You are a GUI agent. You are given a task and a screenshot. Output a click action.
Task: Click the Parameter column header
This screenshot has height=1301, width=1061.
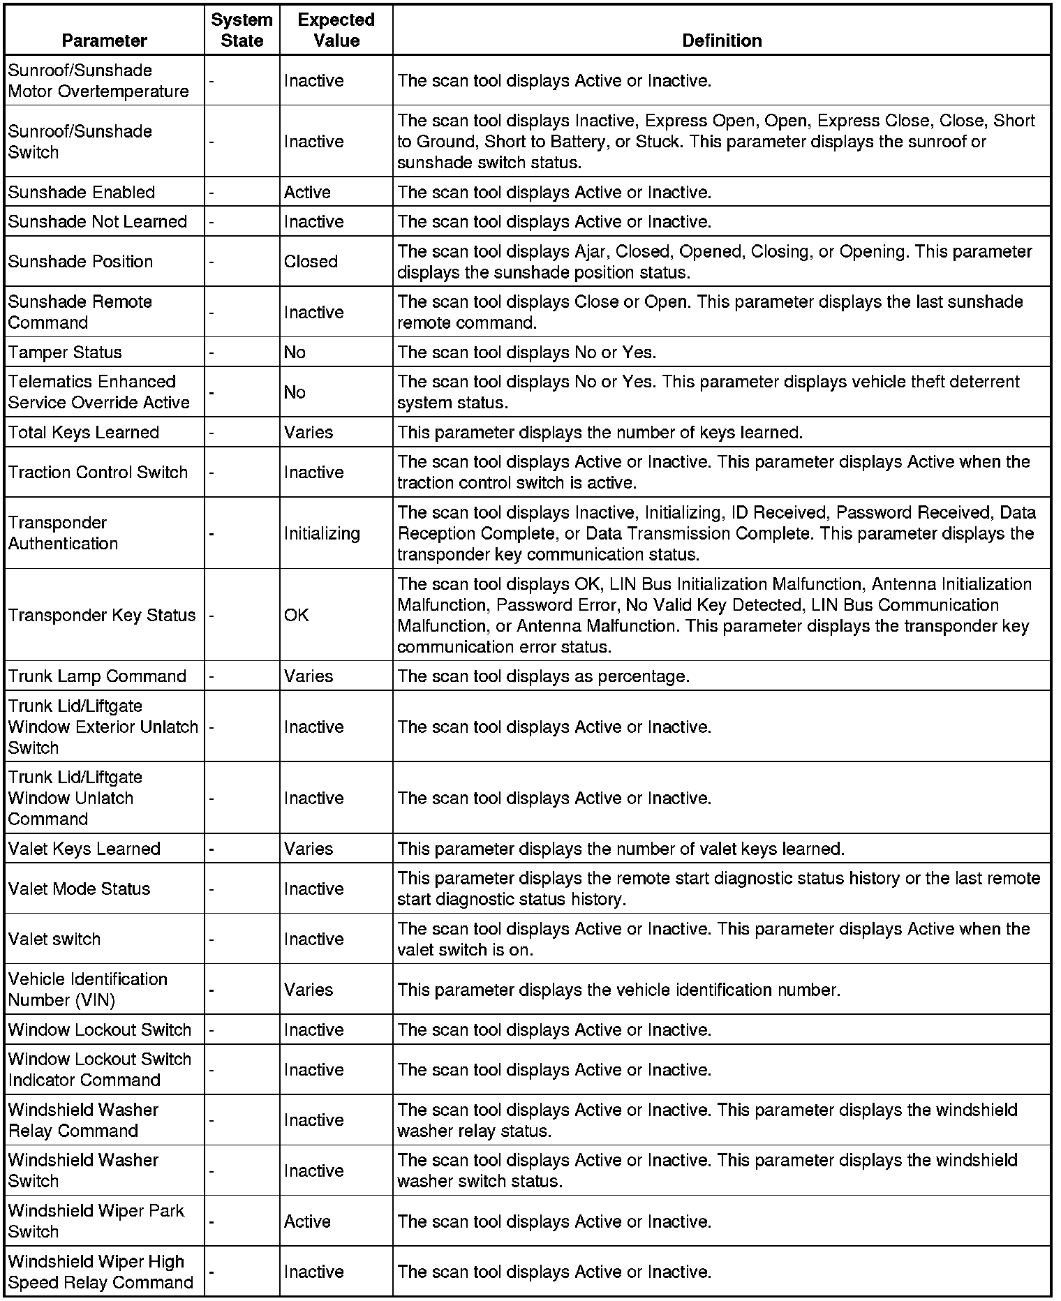pos(104,40)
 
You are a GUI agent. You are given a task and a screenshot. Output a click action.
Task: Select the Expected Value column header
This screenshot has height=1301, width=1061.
pos(336,30)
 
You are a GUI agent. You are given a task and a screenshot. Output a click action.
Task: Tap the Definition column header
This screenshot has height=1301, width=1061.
pos(721,40)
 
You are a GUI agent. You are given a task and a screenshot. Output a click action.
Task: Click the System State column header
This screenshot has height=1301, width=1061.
pos(242,30)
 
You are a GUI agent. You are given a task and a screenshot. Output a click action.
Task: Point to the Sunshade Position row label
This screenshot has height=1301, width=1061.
pos(80,262)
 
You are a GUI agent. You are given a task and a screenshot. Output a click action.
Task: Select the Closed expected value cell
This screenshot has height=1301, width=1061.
pos(311,262)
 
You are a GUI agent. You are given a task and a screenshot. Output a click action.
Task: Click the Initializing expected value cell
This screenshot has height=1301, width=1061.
pos(322,533)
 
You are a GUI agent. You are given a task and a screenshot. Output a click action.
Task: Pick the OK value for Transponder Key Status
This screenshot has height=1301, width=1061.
pos(296,615)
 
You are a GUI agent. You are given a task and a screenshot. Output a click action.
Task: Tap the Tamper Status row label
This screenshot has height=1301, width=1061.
pos(65,352)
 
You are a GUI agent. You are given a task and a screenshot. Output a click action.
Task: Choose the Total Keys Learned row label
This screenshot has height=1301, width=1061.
pos(84,433)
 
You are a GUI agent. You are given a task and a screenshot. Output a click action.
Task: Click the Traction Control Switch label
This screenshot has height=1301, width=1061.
pos(98,473)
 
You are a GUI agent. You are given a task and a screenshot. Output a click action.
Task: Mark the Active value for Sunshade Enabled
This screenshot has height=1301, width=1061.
pos(307,193)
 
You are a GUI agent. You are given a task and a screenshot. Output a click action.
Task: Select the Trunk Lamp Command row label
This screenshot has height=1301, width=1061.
pos(97,676)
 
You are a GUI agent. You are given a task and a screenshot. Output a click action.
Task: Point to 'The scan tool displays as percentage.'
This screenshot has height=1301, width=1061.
pos(543,676)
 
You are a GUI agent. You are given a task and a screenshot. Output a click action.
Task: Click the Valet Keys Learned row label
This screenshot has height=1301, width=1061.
pos(84,849)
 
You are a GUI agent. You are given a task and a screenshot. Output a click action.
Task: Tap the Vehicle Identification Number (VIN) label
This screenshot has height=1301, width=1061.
pos(87,990)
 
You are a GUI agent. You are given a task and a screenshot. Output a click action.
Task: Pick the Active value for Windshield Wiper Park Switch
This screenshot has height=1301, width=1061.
pos(307,1221)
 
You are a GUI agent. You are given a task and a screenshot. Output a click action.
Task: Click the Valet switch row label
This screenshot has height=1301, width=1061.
pos(54,939)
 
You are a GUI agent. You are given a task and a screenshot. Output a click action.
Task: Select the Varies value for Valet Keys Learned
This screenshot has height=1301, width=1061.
pos(309,849)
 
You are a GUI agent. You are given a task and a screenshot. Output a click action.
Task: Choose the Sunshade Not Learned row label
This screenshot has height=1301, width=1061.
pos(98,222)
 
